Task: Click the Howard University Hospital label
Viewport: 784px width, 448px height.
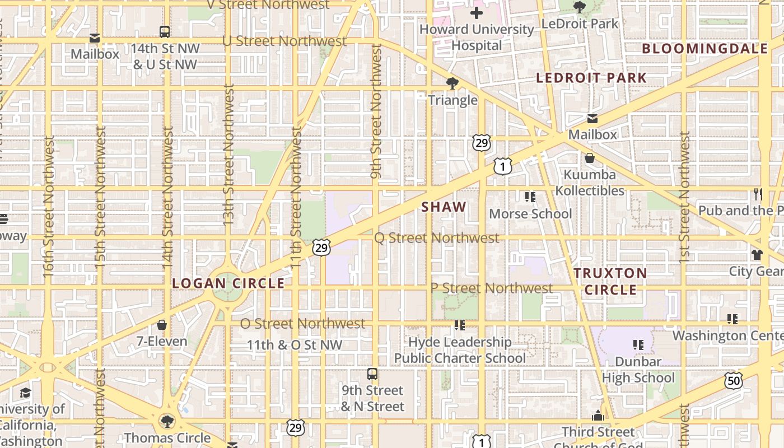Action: coord(477,37)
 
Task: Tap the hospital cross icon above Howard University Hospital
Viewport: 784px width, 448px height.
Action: coord(477,12)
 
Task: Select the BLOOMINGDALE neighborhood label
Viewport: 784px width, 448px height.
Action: coord(705,49)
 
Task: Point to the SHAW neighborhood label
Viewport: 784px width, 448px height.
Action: coord(444,207)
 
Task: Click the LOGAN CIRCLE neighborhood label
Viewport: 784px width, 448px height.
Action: coord(228,283)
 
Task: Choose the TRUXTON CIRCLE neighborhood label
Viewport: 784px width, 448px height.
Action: coord(610,282)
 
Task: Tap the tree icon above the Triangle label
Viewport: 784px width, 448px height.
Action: coord(452,84)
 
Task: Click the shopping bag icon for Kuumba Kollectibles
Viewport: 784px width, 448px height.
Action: coord(590,158)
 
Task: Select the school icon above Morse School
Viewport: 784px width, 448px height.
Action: coord(530,197)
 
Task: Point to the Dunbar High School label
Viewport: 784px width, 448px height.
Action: coord(638,370)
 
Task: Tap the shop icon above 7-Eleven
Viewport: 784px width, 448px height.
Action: coord(162,325)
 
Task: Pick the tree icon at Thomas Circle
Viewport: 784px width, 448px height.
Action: coord(166,421)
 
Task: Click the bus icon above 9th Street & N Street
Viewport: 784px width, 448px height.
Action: coord(372,374)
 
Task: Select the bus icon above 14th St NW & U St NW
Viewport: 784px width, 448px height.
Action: coord(165,32)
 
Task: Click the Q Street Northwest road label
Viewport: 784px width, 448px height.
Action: coord(436,238)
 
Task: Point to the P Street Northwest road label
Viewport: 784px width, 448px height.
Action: coord(492,288)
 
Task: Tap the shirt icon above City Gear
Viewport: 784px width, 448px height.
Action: coord(757,255)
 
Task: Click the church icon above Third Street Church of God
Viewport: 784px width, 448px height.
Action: coord(598,416)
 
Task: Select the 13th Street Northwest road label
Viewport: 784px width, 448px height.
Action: coord(228,156)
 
